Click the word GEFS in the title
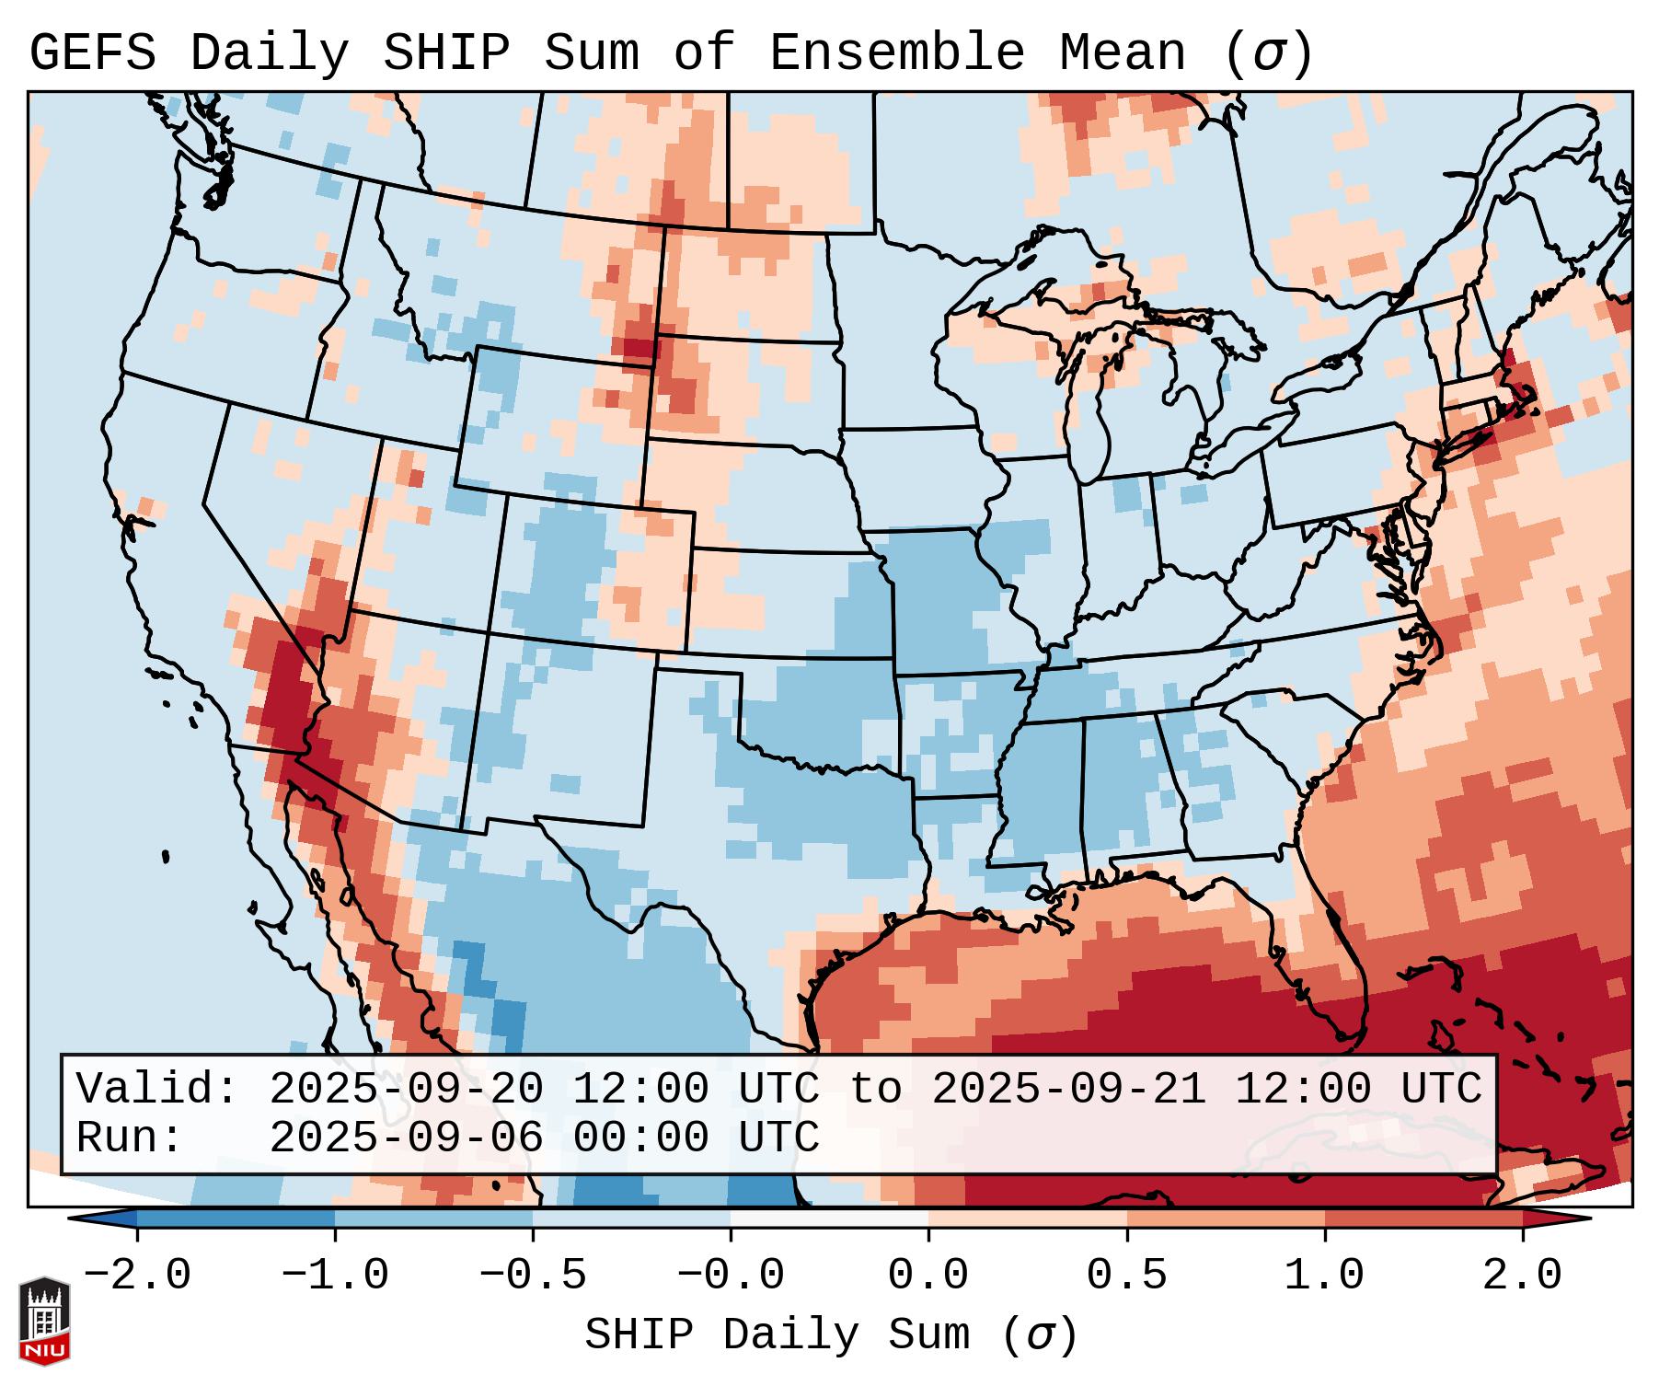(x=93, y=53)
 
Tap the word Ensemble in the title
(x=897, y=53)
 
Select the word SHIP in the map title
(x=446, y=53)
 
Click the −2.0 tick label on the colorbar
(x=137, y=1276)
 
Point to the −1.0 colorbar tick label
(x=335, y=1276)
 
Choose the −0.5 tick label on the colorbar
(x=533, y=1276)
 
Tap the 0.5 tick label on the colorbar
(x=1127, y=1276)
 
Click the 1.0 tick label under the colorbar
(x=1325, y=1276)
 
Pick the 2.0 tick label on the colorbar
(x=1523, y=1276)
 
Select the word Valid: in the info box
(x=157, y=1089)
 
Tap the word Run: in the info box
(x=130, y=1138)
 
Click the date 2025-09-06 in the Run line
(x=406, y=1138)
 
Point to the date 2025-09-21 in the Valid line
(x=1068, y=1089)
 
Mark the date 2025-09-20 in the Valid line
(x=406, y=1089)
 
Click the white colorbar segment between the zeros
(x=830, y=1219)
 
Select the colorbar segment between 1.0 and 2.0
(x=1423, y=1219)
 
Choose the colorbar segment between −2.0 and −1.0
(x=236, y=1219)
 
